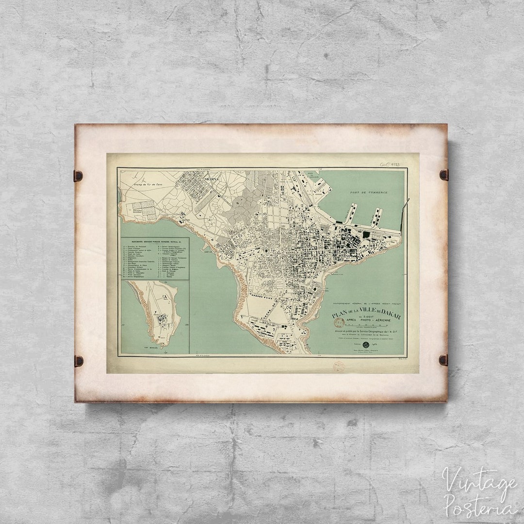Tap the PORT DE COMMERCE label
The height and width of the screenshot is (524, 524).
370,193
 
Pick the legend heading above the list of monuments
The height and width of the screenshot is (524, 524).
154,240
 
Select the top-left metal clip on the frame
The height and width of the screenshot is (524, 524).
78,176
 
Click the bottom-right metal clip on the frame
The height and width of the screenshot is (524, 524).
443,360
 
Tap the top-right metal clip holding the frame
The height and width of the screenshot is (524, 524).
443,174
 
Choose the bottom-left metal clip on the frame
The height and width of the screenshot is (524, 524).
78,360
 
